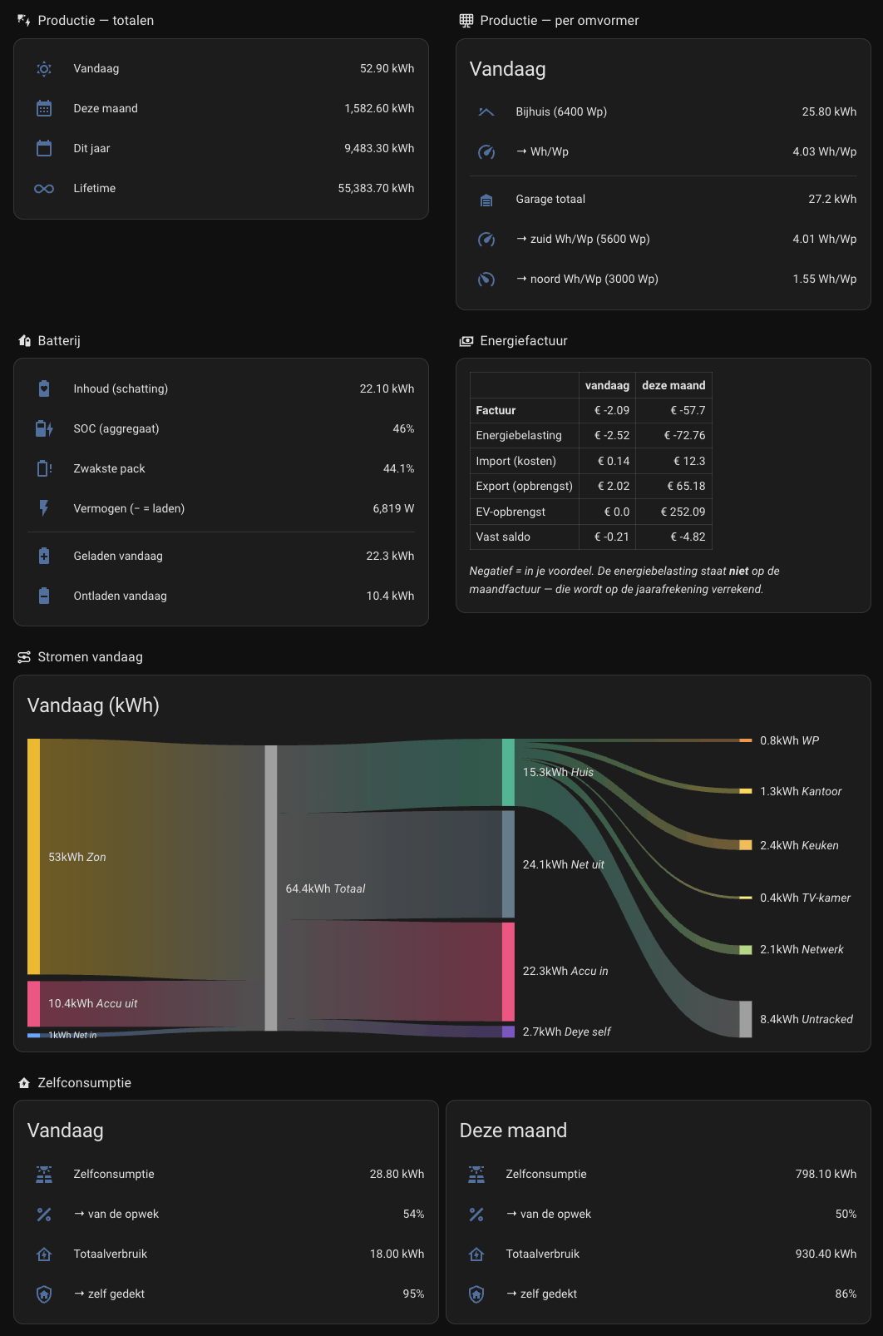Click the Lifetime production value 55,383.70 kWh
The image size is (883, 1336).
pos(376,189)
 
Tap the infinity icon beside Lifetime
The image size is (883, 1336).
pos(44,189)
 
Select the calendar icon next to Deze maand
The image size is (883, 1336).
pos(44,108)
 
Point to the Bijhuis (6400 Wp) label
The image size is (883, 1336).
pos(561,111)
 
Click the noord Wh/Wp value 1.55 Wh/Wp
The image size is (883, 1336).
pos(824,280)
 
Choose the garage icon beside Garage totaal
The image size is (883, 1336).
pos(486,200)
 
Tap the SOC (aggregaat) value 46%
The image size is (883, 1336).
pos(403,428)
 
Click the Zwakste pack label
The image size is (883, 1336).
pos(109,469)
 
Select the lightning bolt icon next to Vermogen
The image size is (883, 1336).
pos(44,508)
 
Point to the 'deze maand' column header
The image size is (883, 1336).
pos(673,385)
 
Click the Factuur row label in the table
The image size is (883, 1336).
pos(496,410)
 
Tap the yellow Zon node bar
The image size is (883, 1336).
pos(33,857)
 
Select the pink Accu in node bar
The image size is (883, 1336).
pos(508,972)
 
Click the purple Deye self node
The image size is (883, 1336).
pos(508,1032)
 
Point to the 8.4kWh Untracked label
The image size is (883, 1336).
pos(806,1019)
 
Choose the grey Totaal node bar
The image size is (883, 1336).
pos(271,888)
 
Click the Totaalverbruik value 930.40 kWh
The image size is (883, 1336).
pos(826,1254)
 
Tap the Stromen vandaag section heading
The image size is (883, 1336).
pos(90,656)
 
